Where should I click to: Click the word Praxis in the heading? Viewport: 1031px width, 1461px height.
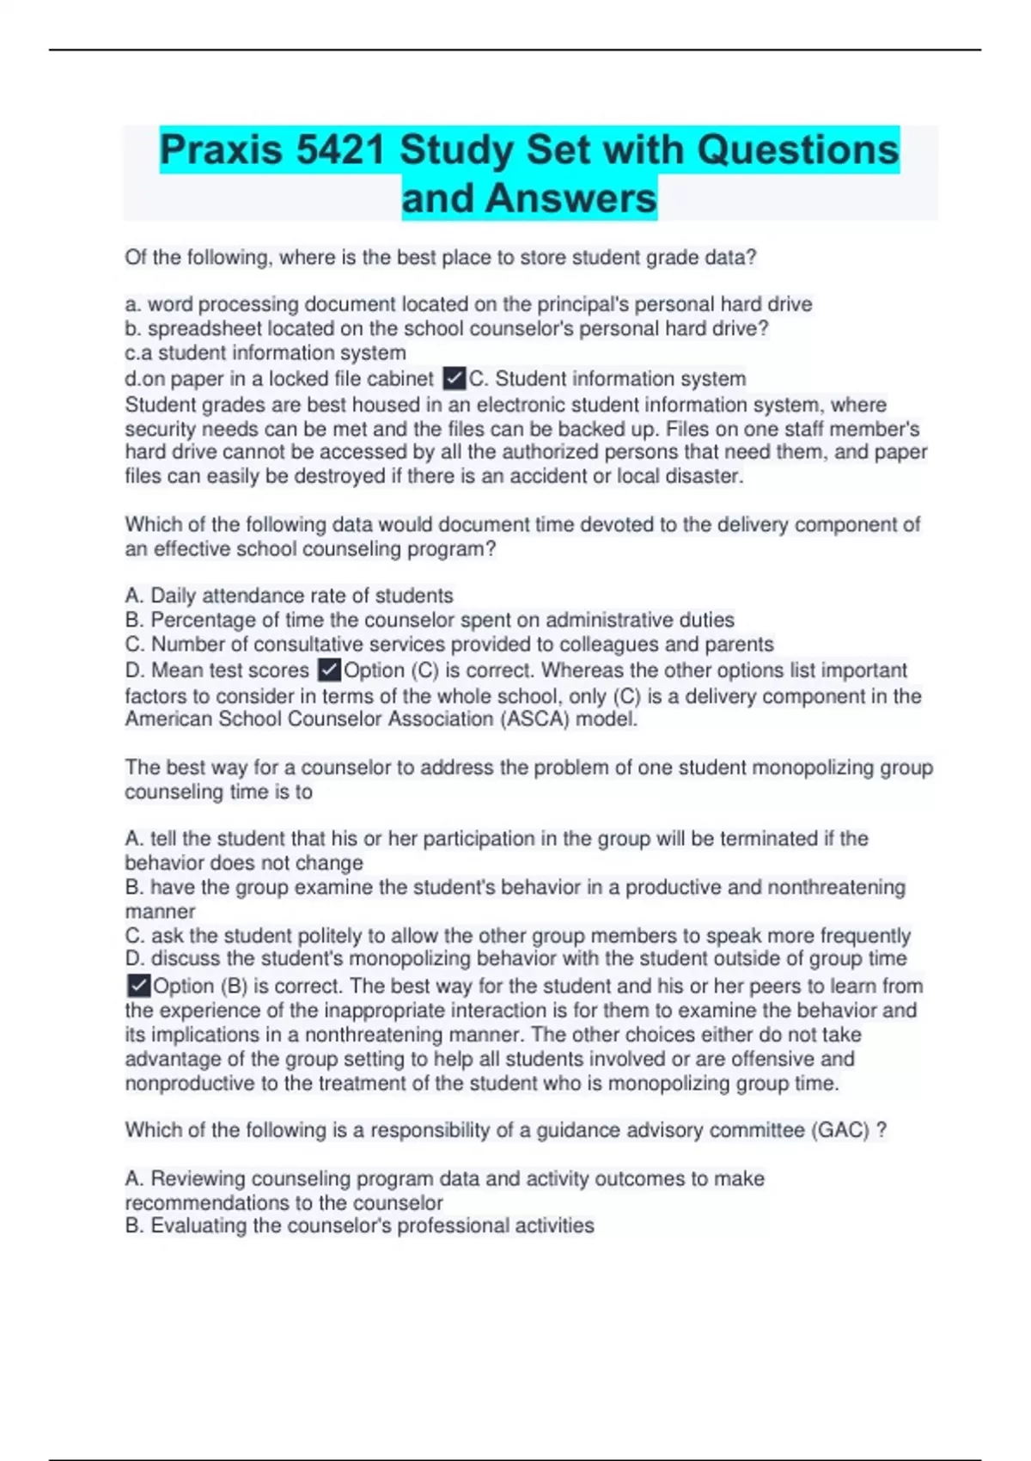pyautogui.click(x=221, y=150)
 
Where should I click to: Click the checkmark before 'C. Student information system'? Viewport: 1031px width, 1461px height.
pyautogui.click(x=454, y=378)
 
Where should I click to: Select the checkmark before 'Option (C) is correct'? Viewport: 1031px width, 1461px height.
pyautogui.click(x=329, y=669)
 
